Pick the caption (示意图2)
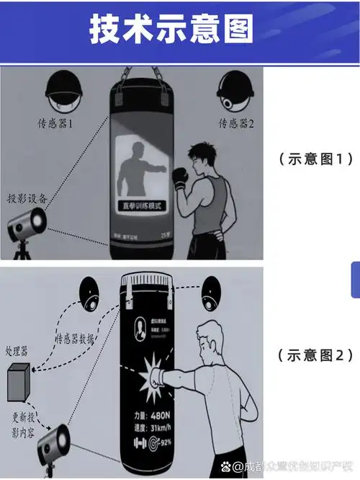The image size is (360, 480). point(315,355)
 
